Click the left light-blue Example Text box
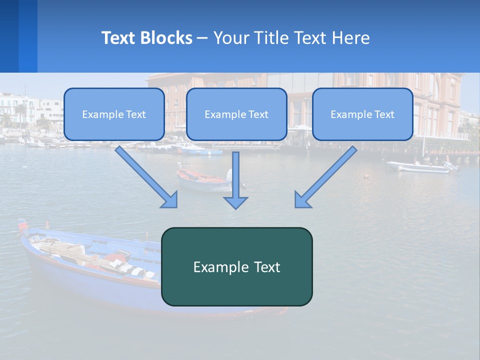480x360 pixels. (x=114, y=114)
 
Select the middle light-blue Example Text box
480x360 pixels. (x=236, y=114)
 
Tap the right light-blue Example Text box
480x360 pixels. (x=362, y=114)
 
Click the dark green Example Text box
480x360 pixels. (x=236, y=266)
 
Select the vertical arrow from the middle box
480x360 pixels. (x=235, y=180)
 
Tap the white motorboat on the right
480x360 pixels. (x=422, y=167)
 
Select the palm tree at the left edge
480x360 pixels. (x=20, y=112)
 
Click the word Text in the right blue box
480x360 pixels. (x=384, y=114)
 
